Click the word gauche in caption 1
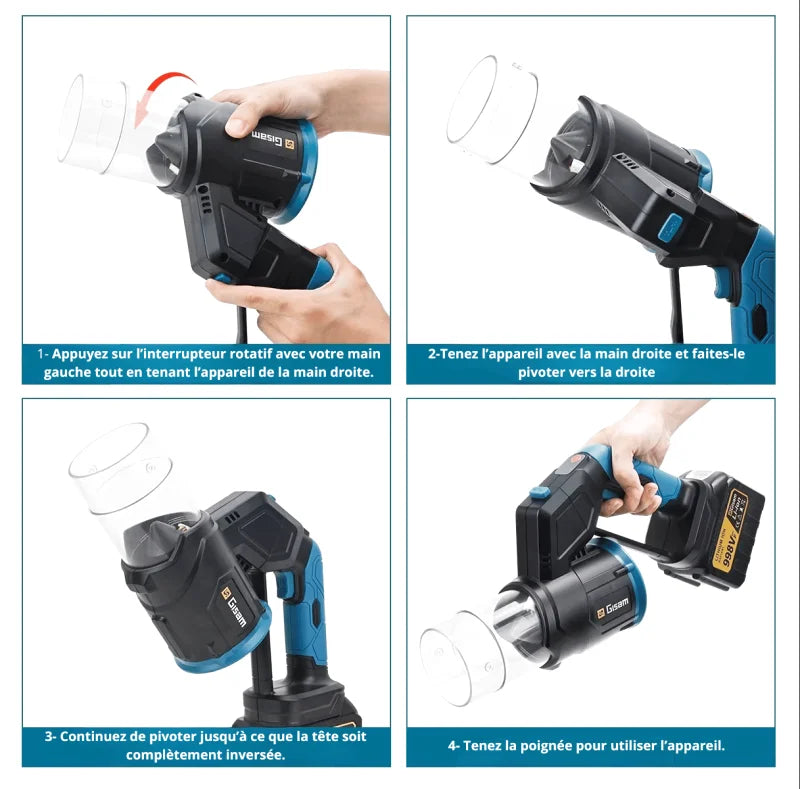click(73, 372)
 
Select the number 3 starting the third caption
click(48, 736)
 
